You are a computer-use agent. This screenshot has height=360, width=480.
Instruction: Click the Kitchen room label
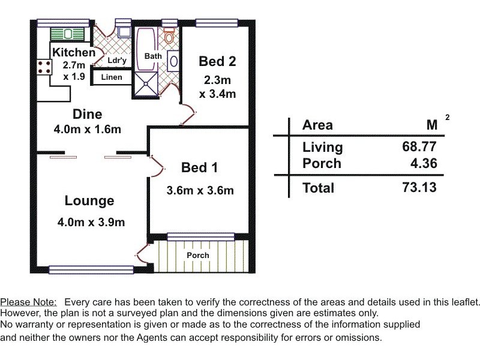(74, 53)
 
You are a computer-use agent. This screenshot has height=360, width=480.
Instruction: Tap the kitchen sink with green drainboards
(67, 34)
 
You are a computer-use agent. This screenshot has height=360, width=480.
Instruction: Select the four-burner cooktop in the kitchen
(44, 67)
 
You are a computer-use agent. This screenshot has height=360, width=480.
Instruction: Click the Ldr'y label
(117, 61)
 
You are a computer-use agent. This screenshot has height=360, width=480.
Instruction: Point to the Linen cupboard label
(112, 77)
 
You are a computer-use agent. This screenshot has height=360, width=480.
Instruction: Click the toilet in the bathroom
(169, 35)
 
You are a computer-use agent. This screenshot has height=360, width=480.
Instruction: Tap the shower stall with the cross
(146, 83)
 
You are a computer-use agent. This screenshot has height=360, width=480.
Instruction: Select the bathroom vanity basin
(173, 61)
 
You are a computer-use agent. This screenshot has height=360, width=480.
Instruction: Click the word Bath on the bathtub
(153, 56)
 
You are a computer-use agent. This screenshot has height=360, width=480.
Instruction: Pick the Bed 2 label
(217, 61)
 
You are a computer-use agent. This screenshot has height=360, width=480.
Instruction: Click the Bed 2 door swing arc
(188, 114)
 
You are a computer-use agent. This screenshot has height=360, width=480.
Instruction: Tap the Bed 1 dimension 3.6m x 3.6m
(200, 190)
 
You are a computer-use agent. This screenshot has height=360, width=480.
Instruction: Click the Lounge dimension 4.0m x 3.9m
(91, 222)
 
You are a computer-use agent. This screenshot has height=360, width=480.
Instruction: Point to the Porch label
(198, 256)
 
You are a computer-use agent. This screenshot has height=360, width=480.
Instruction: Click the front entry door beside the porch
(142, 253)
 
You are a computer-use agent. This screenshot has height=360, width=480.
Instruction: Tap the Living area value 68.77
(419, 146)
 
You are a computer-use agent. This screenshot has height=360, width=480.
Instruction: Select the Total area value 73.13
(419, 187)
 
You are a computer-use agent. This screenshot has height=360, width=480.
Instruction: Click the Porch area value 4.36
(424, 163)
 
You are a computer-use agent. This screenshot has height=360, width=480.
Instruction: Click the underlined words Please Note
(28, 302)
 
